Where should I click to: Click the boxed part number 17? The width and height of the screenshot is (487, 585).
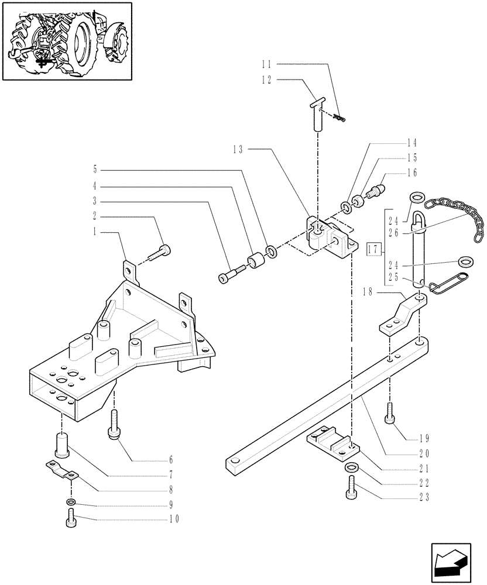pos(372,250)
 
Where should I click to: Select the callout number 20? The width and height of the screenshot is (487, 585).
pos(424,453)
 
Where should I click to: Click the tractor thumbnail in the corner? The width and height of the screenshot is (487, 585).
pos(67,41)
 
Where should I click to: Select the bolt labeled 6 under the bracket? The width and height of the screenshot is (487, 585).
pos(115,424)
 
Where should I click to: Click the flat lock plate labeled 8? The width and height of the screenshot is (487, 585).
pos(61,470)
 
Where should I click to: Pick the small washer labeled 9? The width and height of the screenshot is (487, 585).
pos(70,503)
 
